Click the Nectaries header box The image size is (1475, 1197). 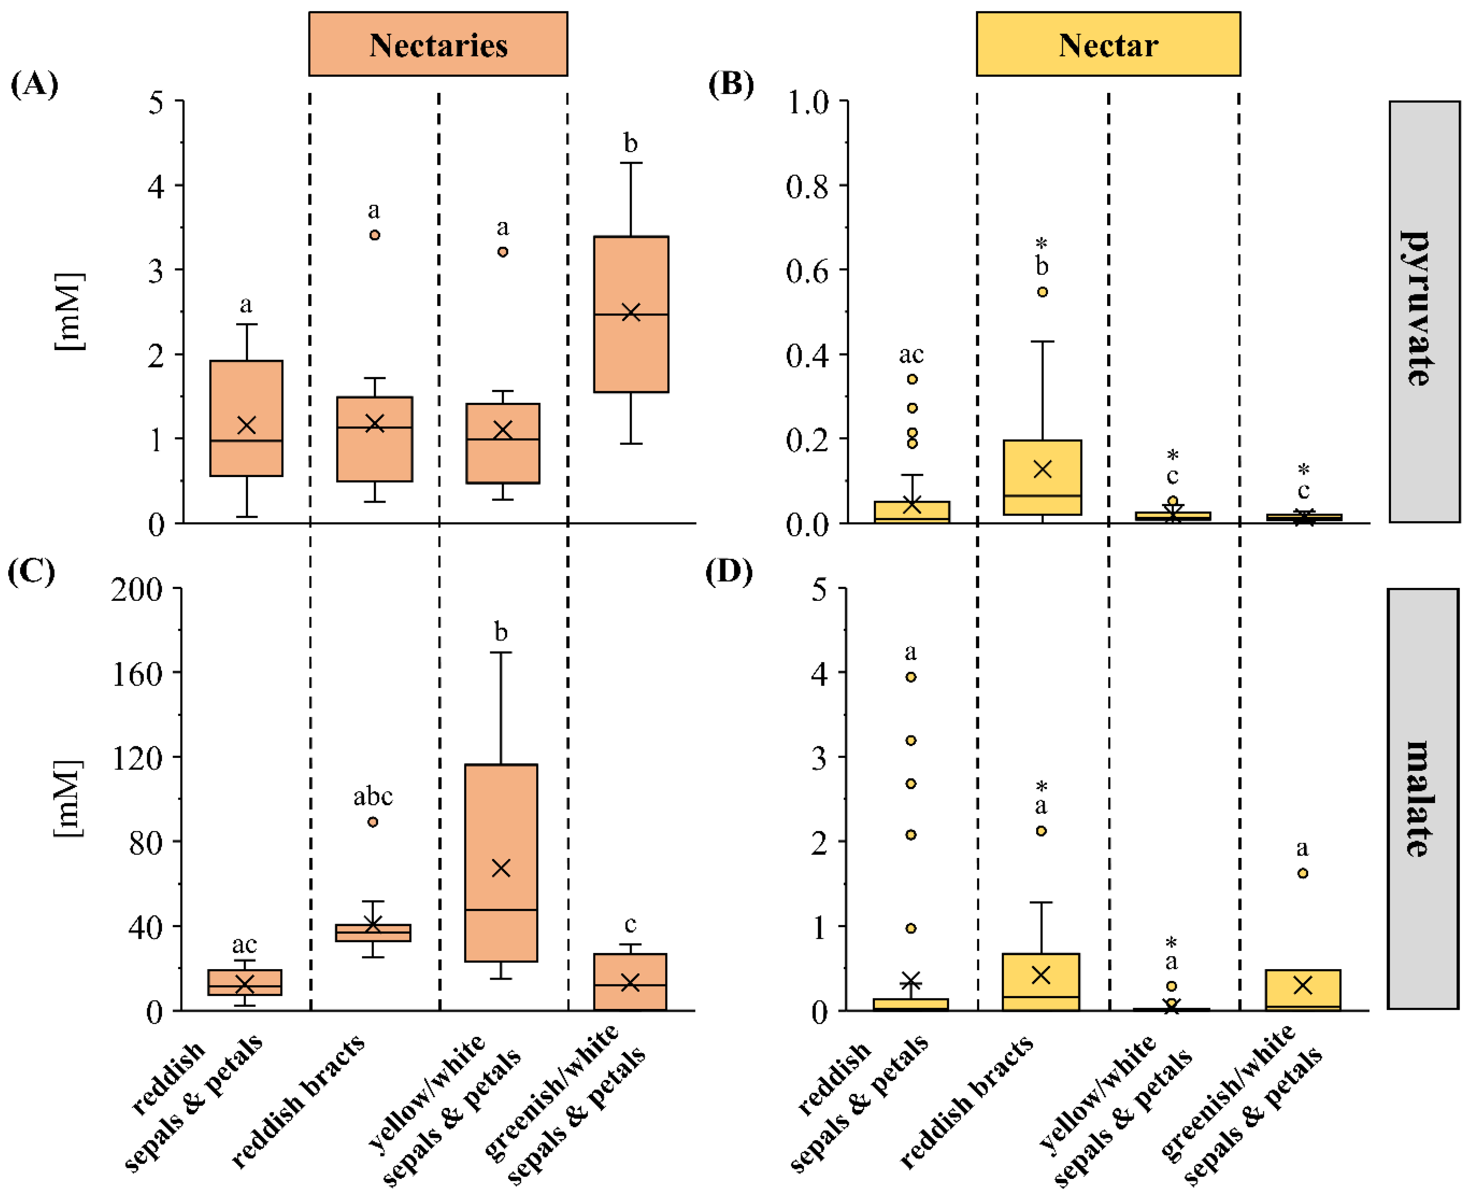[438, 44]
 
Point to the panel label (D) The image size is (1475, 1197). [729, 572]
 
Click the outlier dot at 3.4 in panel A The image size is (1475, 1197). [375, 235]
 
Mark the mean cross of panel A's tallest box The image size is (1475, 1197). [631, 312]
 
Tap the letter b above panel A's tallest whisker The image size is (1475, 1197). [631, 144]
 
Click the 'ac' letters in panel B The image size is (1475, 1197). [911, 354]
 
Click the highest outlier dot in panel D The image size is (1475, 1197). [911, 677]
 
